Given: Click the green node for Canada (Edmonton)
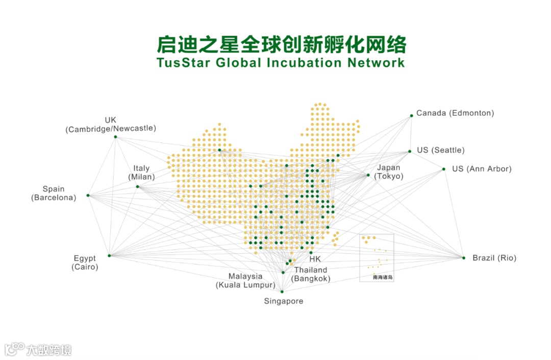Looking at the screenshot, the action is tap(411, 116).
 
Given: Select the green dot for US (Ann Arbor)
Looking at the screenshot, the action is tap(444, 169).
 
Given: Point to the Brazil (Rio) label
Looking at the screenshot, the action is tap(494, 258).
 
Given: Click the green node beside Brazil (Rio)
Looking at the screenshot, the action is tap(464, 258).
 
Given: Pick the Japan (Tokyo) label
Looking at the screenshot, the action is tap(388, 172).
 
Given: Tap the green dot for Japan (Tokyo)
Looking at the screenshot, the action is tap(368, 175).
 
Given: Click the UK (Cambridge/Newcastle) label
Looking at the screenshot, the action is tap(111, 125).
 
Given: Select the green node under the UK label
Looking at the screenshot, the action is tap(115, 137).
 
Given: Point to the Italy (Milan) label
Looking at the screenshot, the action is tap(141, 173).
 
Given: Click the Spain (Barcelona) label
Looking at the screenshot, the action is tap(54, 193).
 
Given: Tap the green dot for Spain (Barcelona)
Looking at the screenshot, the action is tap(88, 196).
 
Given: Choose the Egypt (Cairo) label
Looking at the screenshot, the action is tap(85, 262).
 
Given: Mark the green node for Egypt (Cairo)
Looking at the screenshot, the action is tap(109, 255).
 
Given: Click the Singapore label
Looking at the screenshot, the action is tap(283, 301).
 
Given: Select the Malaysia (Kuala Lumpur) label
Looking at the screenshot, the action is tap(245, 281).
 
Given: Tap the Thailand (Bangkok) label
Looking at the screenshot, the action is tap(311, 274).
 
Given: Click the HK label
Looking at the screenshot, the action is tap(315, 259).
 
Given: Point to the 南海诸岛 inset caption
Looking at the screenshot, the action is tap(383, 278).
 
